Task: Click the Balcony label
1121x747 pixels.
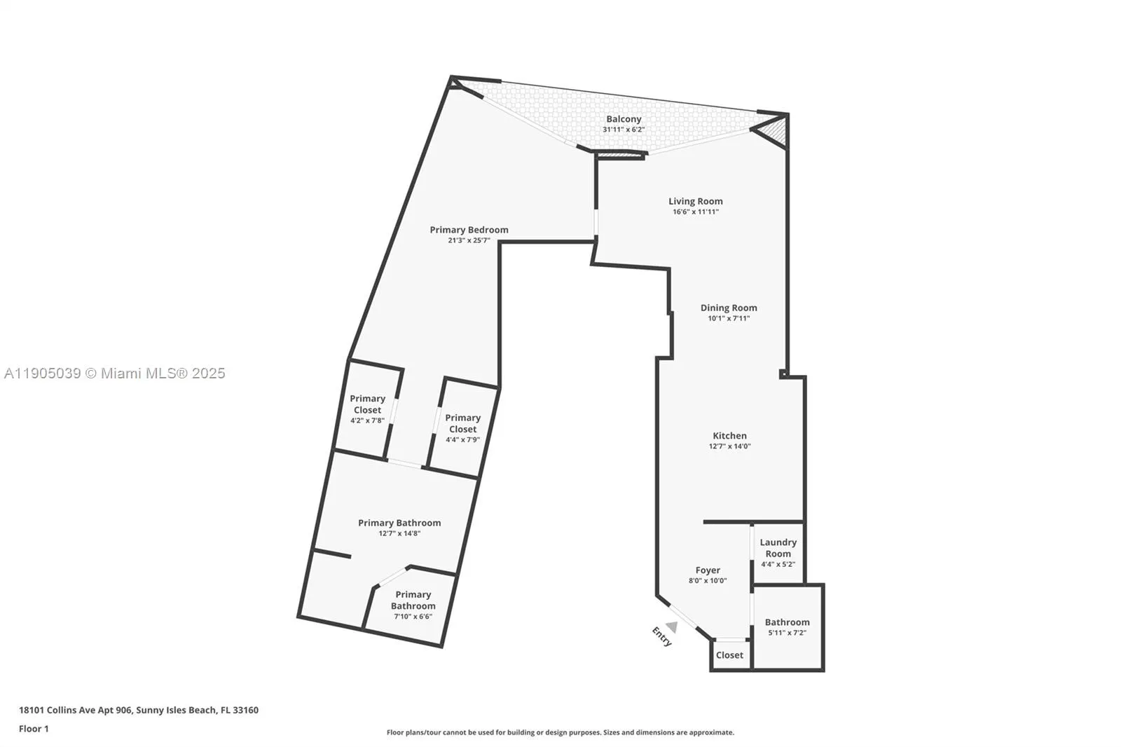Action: click(x=624, y=119)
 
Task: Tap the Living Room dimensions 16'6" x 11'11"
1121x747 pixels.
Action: click(x=695, y=212)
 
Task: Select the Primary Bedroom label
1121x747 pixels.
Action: click(x=469, y=230)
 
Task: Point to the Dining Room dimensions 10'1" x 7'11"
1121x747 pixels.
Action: click(x=729, y=318)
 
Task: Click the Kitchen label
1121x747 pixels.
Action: click(x=729, y=436)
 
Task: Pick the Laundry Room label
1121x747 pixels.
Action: click(x=778, y=548)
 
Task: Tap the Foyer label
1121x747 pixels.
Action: click(x=708, y=570)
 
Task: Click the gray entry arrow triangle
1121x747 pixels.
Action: click(x=672, y=626)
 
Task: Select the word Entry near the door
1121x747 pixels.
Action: click(x=661, y=636)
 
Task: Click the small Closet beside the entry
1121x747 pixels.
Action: click(x=729, y=655)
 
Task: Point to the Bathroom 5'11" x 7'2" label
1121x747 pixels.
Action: click(x=787, y=622)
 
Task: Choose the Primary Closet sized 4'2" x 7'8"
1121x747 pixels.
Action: click(x=367, y=404)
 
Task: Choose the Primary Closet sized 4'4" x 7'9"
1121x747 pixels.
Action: click(x=462, y=423)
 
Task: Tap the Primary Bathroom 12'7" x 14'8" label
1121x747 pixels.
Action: click(x=399, y=523)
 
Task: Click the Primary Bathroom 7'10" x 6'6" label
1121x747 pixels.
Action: click(x=413, y=601)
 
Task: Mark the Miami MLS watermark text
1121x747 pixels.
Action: click(x=115, y=373)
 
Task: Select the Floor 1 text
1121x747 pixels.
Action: click(x=34, y=729)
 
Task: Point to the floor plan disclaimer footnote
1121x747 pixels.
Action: click(x=560, y=732)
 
